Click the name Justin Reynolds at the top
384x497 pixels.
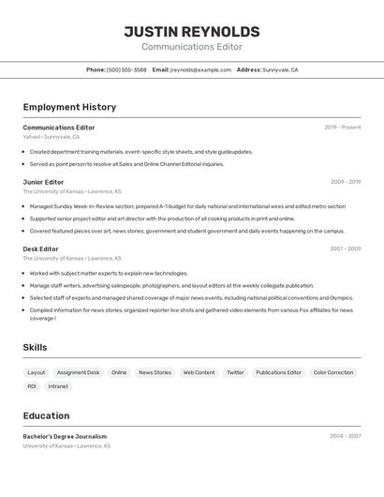(x=191, y=31)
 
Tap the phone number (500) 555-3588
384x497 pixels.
(x=126, y=69)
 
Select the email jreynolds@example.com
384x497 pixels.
(x=200, y=69)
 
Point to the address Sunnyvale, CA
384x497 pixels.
(x=280, y=69)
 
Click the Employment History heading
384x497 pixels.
(x=69, y=107)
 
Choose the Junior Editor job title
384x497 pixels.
(x=43, y=182)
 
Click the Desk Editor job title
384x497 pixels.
(x=40, y=248)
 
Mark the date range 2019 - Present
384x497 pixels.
(x=342, y=128)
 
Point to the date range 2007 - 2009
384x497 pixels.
(x=345, y=248)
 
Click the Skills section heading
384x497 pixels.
(x=35, y=347)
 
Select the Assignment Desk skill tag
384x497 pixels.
(x=78, y=372)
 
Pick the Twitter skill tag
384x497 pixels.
(x=235, y=372)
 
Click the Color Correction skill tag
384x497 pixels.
(x=332, y=372)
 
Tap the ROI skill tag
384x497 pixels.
(x=32, y=386)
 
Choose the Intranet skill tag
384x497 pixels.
(x=58, y=386)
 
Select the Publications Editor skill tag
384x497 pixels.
(x=278, y=372)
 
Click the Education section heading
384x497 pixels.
(x=46, y=415)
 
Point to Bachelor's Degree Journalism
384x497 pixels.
(x=65, y=436)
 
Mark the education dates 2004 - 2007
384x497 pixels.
(x=345, y=436)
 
